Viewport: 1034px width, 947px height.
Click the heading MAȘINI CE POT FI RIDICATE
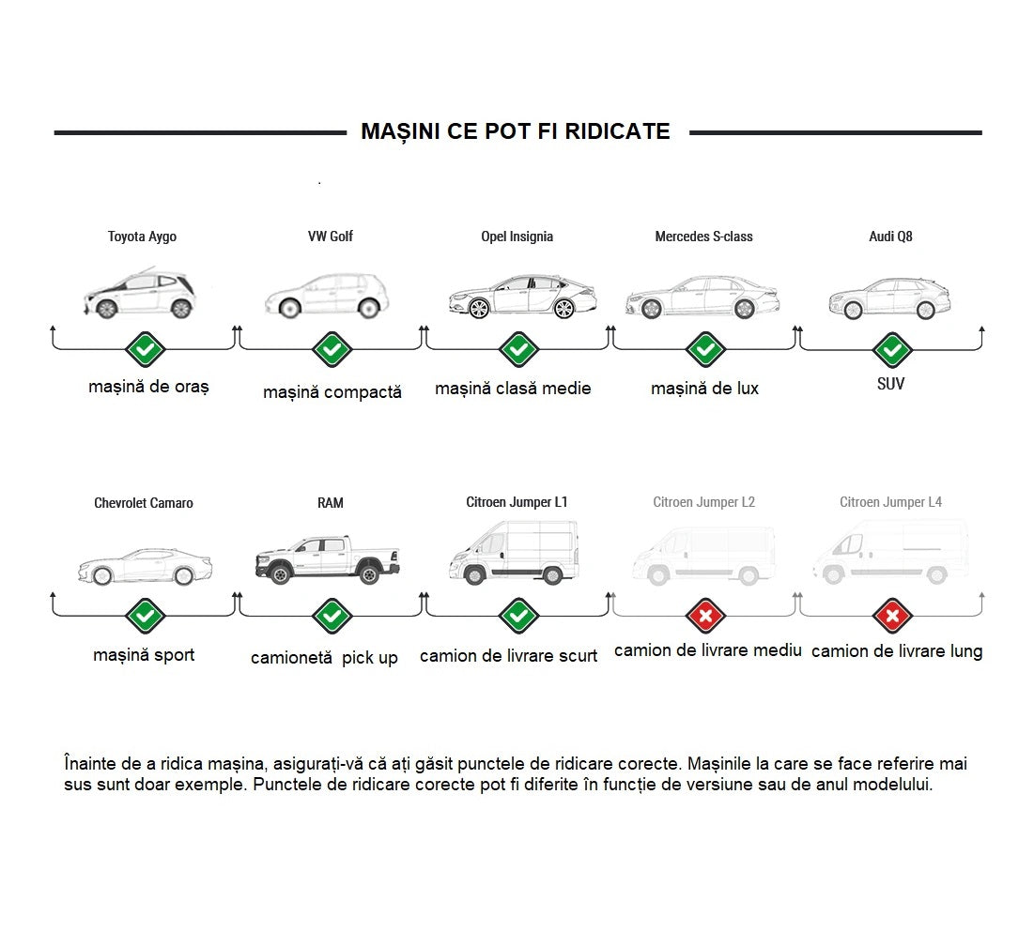pyautogui.click(x=515, y=131)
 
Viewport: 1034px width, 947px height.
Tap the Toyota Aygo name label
pyautogui.click(x=143, y=237)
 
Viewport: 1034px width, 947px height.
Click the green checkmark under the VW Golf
pyautogui.click(x=332, y=349)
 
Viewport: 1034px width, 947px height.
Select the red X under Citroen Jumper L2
pyautogui.click(x=705, y=617)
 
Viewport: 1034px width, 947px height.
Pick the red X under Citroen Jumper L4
pyautogui.click(x=892, y=617)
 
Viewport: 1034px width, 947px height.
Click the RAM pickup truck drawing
pyautogui.click(x=328, y=559)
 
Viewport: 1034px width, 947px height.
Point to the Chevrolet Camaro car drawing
pyautogui.click(x=146, y=566)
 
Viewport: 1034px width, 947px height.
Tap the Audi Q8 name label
pyautogui.click(x=891, y=237)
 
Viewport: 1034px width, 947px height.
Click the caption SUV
pyautogui.click(x=891, y=384)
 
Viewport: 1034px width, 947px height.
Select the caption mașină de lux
pyautogui.click(x=705, y=389)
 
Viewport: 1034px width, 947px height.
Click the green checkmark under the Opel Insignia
pyautogui.click(x=519, y=349)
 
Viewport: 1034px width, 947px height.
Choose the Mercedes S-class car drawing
pyautogui.click(x=703, y=298)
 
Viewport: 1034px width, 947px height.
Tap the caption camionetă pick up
pyautogui.click(x=324, y=658)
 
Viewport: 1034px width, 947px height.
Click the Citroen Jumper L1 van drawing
pyautogui.click(x=515, y=552)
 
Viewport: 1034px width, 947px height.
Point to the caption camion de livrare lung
pyautogui.click(x=897, y=651)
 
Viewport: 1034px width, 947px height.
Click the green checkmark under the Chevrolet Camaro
pyautogui.click(x=145, y=617)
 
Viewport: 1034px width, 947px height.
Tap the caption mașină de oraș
pyautogui.click(x=149, y=387)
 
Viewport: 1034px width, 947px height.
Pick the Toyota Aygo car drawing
pyautogui.click(x=140, y=293)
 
